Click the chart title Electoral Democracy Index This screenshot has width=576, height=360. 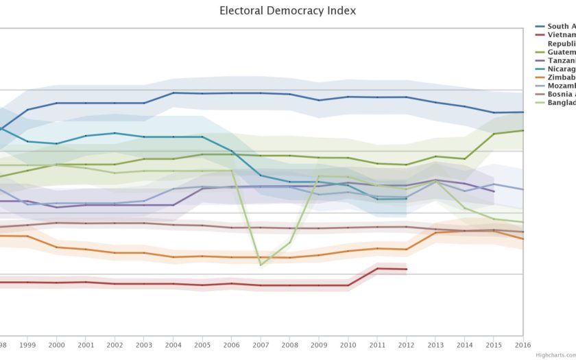click(287, 11)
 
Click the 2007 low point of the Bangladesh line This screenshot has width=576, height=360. click(261, 265)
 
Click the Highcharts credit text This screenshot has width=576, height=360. click(554, 355)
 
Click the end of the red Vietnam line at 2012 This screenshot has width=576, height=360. click(407, 269)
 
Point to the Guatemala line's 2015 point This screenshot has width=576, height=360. click(494, 134)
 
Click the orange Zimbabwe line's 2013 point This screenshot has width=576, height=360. click(436, 232)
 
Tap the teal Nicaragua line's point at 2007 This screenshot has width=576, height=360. click(261, 176)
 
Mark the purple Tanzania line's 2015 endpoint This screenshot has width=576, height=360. click(494, 191)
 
